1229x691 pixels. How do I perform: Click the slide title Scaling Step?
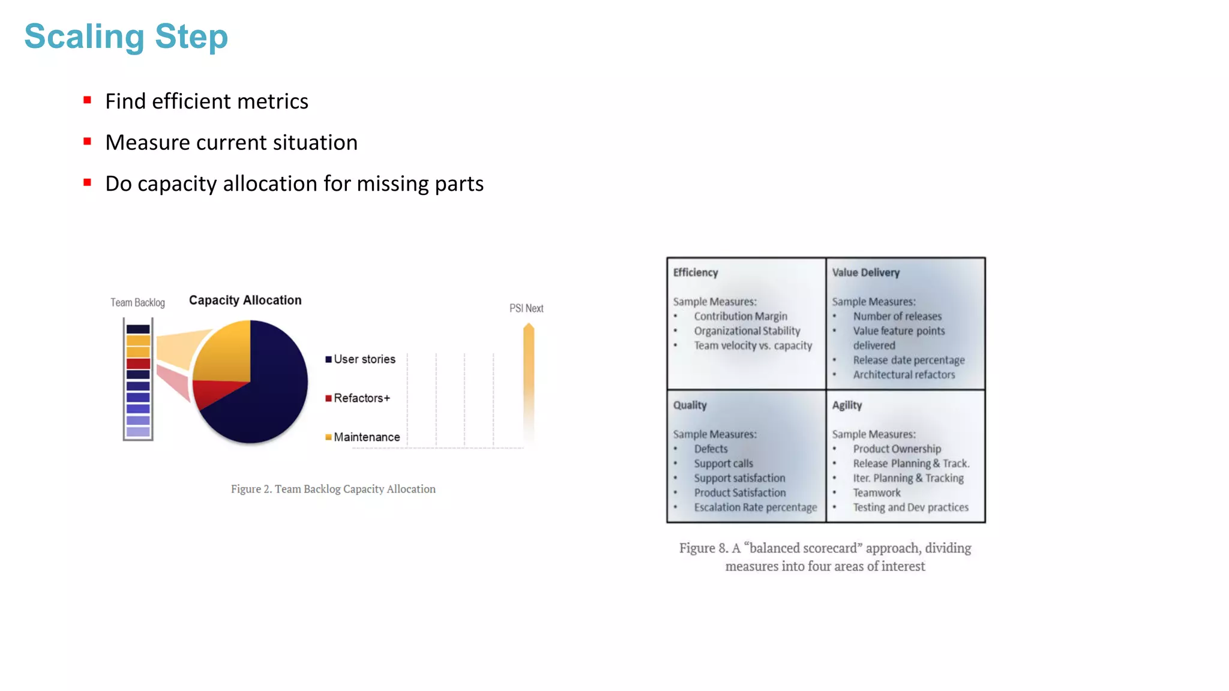click(126, 37)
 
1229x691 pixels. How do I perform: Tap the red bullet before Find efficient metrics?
click(88, 100)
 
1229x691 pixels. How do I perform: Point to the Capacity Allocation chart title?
click(245, 300)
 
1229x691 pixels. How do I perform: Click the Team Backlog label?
click(137, 303)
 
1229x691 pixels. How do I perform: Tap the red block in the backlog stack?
click(138, 363)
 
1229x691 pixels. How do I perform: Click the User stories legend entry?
click(361, 359)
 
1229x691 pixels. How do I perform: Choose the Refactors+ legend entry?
click(358, 398)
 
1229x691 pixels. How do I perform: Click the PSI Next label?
click(526, 308)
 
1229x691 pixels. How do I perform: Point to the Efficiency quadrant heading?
click(696, 272)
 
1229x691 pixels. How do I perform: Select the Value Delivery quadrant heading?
click(866, 272)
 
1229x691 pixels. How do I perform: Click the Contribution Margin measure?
click(741, 316)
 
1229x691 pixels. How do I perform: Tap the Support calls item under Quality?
click(723, 464)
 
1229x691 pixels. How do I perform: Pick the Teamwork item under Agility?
click(877, 492)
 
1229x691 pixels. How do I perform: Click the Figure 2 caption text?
click(333, 489)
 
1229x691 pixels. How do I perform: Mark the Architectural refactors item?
click(904, 375)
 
